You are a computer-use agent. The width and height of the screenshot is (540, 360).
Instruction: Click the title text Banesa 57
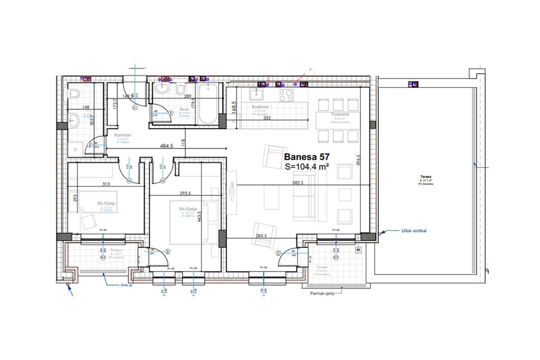click(307, 157)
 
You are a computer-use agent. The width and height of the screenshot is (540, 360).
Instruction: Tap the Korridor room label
click(122, 135)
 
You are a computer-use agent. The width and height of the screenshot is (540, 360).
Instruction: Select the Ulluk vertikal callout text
click(414, 231)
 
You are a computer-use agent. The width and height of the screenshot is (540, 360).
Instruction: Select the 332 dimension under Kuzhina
click(267, 118)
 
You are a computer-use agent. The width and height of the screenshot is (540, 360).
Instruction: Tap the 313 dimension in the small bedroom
click(106, 184)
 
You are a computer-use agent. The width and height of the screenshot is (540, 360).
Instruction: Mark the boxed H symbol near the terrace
click(359, 250)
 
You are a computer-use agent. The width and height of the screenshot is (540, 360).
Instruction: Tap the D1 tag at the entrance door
click(135, 108)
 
